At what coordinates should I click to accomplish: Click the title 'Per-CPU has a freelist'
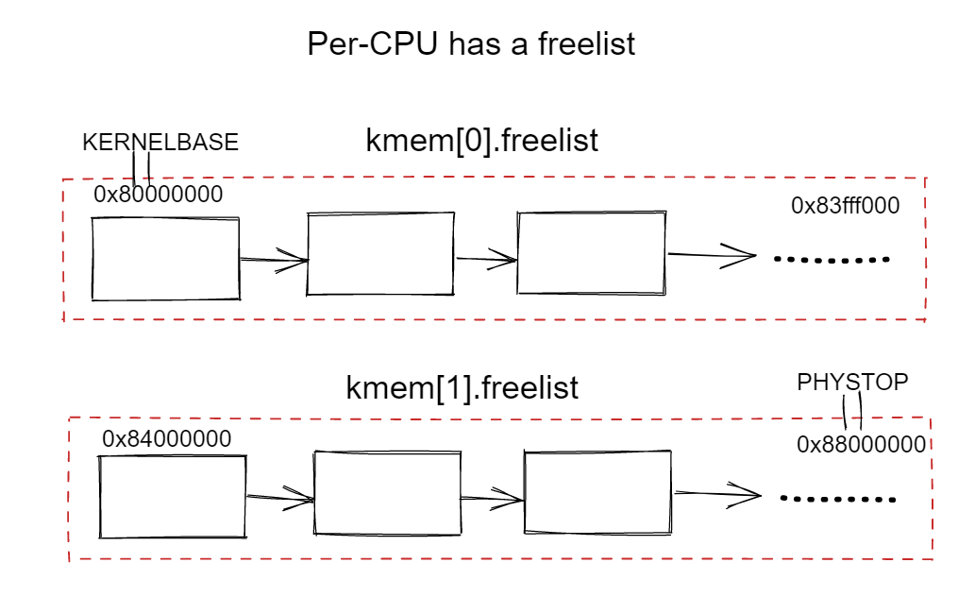pyautogui.click(x=471, y=44)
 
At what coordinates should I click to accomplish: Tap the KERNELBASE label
pyautogui.click(x=160, y=143)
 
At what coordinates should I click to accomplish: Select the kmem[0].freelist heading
pyautogui.click(x=482, y=140)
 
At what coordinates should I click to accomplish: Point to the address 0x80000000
pyautogui.click(x=158, y=195)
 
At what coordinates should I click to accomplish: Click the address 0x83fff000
pyautogui.click(x=845, y=205)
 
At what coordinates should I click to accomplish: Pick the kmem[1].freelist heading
pyautogui.click(x=462, y=388)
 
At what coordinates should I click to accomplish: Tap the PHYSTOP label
pyautogui.click(x=852, y=382)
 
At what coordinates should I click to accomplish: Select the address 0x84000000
pyautogui.click(x=167, y=439)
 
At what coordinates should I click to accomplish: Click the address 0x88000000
pyautogui.click(x=861, y=445)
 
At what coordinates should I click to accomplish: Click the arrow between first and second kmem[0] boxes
pyautogui.click(x=274, y=260)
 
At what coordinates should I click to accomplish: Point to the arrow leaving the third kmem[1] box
pyautogui.click(x=717, y=494)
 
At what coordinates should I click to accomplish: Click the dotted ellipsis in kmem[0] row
pyautogui.click(x=832, y=260)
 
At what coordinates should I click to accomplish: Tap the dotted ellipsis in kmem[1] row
pyautogui.click(x=838, y=499)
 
